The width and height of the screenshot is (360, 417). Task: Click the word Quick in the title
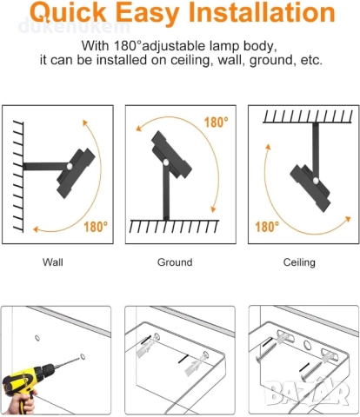click(69, 13)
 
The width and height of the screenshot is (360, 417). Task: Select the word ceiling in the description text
click(190, 60)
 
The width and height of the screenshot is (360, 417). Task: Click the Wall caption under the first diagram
click(52, 262)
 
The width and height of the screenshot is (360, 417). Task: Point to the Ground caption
click(175, 262)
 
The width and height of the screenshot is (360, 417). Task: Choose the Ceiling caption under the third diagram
click(299, 262)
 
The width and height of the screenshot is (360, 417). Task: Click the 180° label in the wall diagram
click(96, 227)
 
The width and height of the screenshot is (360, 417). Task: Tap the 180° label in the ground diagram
click(216, 122)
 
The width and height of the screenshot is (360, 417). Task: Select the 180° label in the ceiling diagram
click(267, 227)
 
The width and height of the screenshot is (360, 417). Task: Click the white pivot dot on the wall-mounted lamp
click(70, 166)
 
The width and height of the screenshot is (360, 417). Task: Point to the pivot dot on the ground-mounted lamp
click(166, 162)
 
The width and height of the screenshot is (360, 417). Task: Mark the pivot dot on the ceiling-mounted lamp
click(316, 181)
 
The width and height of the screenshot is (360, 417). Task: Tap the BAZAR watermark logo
click(307, 394)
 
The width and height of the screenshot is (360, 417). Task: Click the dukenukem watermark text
click(74, 26)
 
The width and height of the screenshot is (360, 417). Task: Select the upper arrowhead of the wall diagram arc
click(84, 122)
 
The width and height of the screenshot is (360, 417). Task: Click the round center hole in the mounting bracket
click(307, 345)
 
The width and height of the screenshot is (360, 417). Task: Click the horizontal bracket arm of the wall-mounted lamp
click(45, 166)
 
